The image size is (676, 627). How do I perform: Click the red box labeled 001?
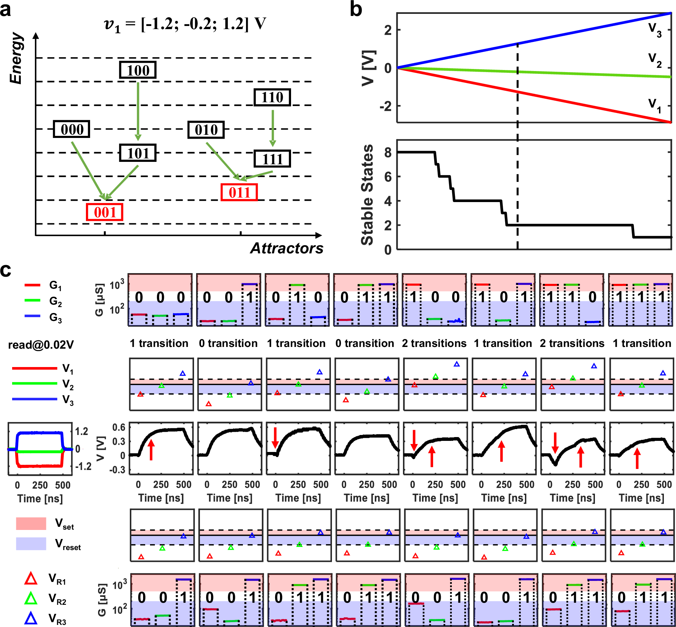click(x=104, y=212)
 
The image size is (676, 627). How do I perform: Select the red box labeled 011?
click(x=239, y=192)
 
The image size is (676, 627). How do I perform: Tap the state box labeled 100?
click(x=138, y=70)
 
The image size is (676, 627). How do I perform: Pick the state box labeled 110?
click(x=272, y=97)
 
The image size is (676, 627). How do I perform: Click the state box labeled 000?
click(x=72, y=129)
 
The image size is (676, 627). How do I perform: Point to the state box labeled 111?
click(x=272, y=159)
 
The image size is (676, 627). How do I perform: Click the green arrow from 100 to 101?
click(x=138, y=111)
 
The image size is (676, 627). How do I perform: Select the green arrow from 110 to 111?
click(x=273, y=128)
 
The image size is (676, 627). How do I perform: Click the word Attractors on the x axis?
click(x=287, y=248)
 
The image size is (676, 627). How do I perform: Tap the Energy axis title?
click(x=16, y=58)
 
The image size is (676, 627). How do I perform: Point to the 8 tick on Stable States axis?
click(x=388, y=153)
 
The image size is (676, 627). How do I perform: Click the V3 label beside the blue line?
click(x=655, y=29)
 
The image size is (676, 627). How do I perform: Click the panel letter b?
click(x=356, y=9)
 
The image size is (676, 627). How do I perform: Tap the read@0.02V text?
click(x=41, y=345)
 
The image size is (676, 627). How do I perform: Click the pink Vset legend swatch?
click(x=31, y=523)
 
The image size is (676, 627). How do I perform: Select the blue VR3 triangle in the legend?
click(x=30, y=618)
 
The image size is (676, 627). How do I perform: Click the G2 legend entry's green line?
click(x=32, y=300)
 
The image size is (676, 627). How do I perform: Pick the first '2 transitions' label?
click(x=434, y=343)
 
